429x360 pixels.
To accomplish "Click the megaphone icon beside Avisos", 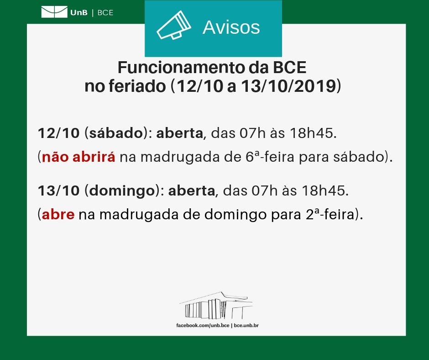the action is pos(174,25).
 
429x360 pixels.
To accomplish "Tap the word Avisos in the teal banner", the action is pos(231,27).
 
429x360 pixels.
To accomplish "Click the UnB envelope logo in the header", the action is pos(54,12).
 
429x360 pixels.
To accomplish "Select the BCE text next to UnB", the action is pos(105,13).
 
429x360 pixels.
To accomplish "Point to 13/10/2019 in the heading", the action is pos(288,86).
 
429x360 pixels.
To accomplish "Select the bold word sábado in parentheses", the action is pos(116,133).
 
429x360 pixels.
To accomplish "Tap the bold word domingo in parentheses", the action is pos(122,191).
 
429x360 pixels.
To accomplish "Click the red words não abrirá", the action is pos(78,157).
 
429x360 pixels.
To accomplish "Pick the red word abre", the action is pos(58,214).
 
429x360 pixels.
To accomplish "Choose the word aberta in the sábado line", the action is pos(179,133).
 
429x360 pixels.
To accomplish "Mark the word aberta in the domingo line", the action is pos(192,191).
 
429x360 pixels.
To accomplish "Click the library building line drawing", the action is pos(216,306).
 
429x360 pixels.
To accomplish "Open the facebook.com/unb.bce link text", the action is pos(203,325).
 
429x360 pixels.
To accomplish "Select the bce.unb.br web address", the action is pos(246,325).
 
